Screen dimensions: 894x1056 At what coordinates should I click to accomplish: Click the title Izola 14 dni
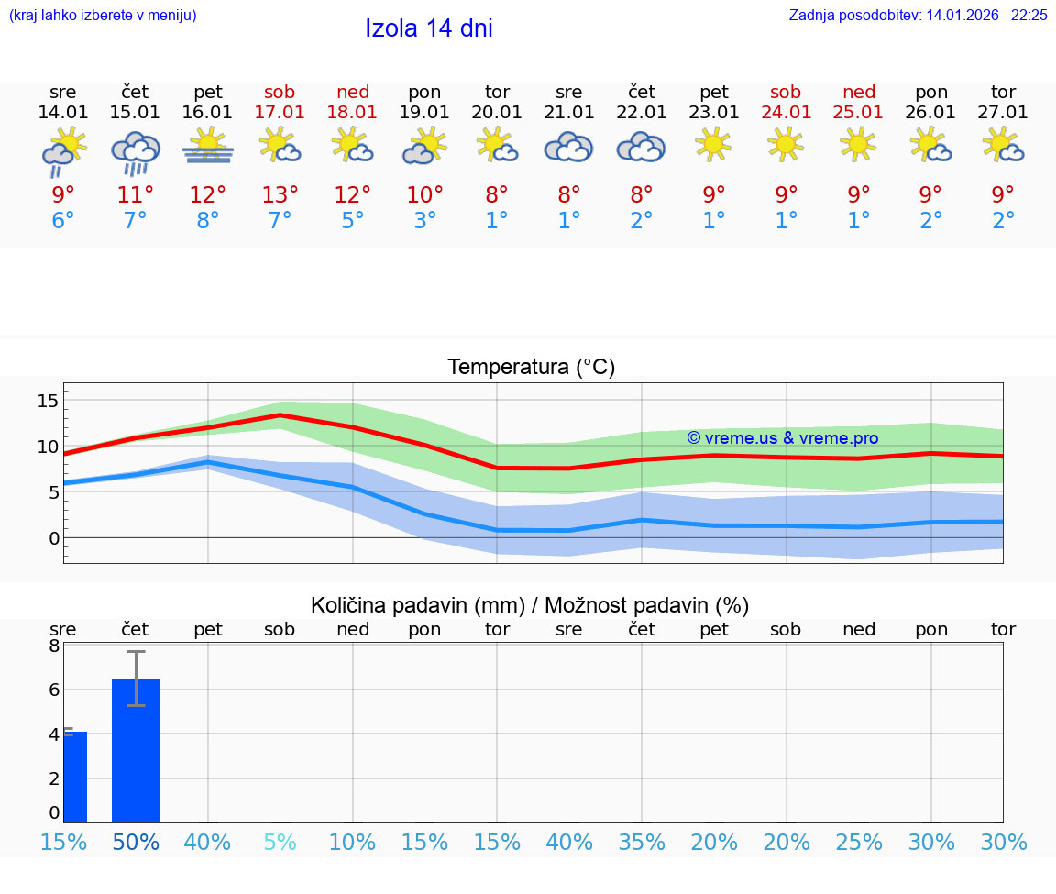click(x=429, y=28)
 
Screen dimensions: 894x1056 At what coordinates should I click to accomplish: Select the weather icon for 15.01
click(x=135, y=152)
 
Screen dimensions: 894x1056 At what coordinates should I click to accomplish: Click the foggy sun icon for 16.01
click(x=207, y=147)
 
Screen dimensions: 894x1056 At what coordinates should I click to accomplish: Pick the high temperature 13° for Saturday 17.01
click(x=280, y=195)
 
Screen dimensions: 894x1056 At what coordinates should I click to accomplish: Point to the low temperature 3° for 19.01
click(x=424, y=221)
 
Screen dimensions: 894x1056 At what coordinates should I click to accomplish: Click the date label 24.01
click(x=786, y=113)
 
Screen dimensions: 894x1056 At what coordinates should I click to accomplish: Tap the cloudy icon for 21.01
click(x=568, y=147)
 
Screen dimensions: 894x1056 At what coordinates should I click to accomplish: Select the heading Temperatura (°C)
click(x=531, y=368)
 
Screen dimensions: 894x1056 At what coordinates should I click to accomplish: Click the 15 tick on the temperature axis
click(x=48, y=401)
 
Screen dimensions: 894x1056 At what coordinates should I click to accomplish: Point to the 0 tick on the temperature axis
click(x=53, y=538)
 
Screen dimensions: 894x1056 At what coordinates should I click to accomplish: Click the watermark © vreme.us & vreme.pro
click(x=782, y=438)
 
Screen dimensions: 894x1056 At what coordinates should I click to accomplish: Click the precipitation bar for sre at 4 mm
click(x=75, y=777)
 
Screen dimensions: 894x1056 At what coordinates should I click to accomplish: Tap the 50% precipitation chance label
click(x=136, y=842)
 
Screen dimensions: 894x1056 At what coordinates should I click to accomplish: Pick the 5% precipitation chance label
click(x=280, y=842)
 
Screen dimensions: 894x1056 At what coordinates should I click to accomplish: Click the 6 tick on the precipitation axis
click(x=54, y=690)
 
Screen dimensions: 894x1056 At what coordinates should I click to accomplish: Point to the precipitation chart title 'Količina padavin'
click(x=417, y=605)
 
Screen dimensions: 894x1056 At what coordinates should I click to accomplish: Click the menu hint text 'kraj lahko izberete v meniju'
click(x=103, y=16)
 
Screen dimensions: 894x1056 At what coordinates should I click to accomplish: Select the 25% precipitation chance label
click(x=859, y=842)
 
